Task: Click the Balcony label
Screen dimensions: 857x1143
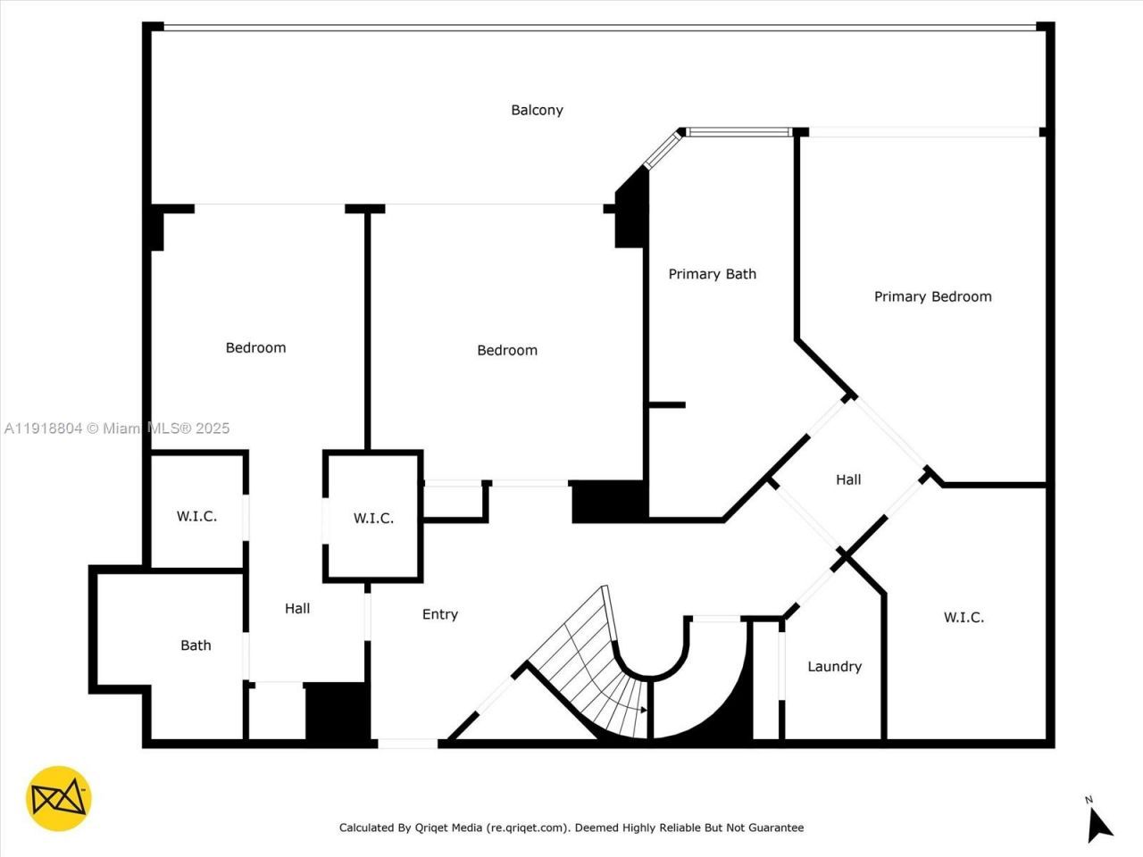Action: [x=537, y=110]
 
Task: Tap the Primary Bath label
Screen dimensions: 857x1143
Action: [x=712, y=274]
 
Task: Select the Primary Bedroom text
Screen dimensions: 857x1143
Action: [x=932, y=296]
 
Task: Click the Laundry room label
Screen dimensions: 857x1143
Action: [x=834, y=666]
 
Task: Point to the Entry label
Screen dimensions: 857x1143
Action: [x=439, y=614]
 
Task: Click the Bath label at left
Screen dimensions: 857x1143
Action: [x=196, y=645]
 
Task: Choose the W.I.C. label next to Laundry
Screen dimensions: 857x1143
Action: [x=964, y=617]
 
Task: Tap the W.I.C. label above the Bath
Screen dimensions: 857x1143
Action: [x=196, y=516]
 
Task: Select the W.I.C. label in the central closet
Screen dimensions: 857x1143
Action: [x=373, y=518]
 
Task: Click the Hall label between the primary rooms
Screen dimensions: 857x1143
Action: [x=847, y=479]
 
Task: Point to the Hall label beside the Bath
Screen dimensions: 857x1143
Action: [x=297, y=608]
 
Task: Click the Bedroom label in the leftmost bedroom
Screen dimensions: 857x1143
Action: [x=255, y=347]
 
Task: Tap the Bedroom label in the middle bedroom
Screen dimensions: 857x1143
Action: [x=507, y=350]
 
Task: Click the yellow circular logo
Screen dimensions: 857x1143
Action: [x=59, y=798]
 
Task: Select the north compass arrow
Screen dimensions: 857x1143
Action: [x=1098, y=822]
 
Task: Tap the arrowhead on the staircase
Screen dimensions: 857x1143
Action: [x=643, y=710]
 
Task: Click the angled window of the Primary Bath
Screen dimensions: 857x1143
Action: [x=662, y=149]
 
